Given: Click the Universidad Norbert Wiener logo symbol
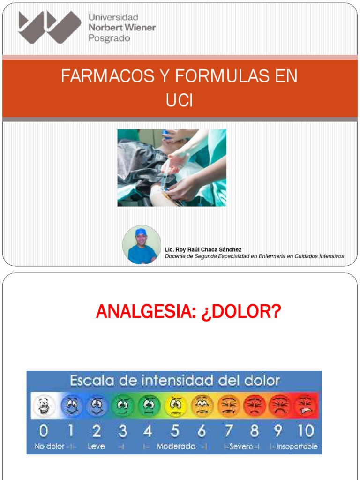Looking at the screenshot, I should coord(49,27).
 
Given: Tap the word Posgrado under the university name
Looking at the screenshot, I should coord(109,38).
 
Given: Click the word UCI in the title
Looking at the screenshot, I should coord(180,101).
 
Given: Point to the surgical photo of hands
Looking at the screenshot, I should coord(172,167).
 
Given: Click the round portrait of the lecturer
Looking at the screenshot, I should coord(142,245).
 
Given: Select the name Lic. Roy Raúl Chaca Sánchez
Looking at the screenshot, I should coord(203,249).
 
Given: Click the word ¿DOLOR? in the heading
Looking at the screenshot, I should coord(241,311).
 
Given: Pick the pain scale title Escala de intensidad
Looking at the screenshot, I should coord(174,380).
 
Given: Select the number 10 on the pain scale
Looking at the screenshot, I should coord(305,430).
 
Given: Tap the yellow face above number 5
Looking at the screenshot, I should coord(175,405).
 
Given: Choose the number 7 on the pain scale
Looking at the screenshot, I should coord(229,430).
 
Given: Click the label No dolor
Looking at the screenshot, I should coord(49,446).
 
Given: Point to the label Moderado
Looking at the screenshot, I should coord(176,446).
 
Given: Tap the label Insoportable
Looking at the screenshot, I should coord(297,446).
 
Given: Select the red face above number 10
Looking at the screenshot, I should coord(306,405).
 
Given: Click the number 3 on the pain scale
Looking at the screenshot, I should coord(122,430).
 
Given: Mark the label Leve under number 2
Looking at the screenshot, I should coord(96,446).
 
